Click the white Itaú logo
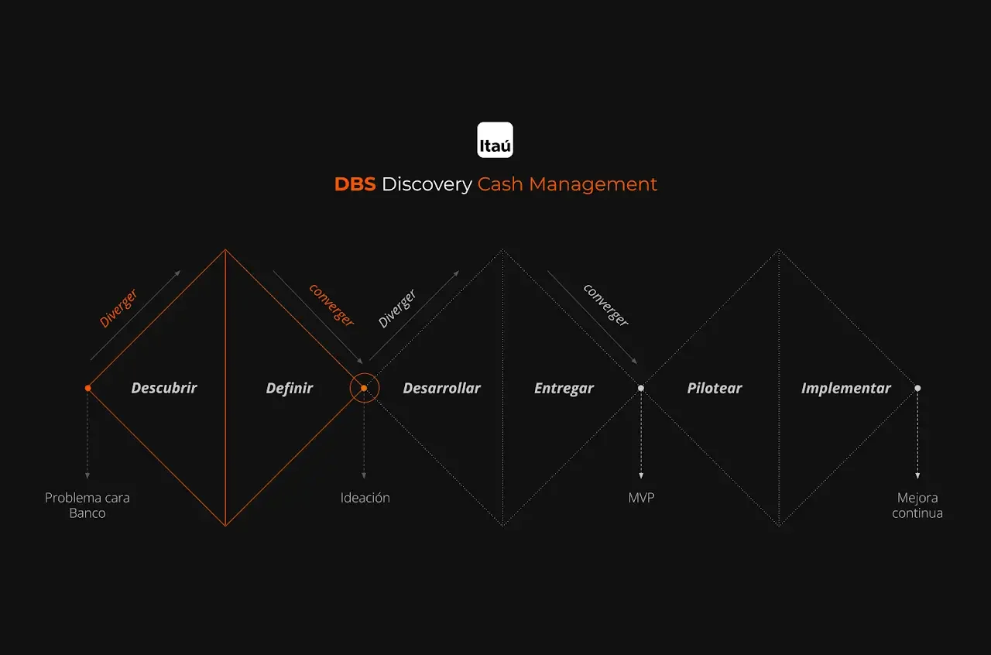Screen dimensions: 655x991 [495, 140]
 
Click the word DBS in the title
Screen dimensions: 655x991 [355, 184]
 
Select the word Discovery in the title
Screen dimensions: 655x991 [426, 184]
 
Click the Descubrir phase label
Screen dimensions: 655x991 [164, 388]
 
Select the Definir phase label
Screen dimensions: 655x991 [290, 388]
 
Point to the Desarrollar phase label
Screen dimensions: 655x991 [441, 388]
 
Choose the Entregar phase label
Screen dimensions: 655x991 [564, 388]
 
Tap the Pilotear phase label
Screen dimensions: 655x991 [714, 388]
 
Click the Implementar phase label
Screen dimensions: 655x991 [845, 388]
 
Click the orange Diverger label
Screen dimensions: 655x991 [118, 308]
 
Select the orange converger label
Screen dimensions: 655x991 [331, 304]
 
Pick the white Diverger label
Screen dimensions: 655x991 [397, 308]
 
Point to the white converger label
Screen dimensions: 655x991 [606, 304]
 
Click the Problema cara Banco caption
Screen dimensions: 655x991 [87, 506]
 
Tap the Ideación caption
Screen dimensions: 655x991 [365, 498]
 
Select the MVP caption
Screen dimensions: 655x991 [641, 498]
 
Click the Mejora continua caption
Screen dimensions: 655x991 [917, 506]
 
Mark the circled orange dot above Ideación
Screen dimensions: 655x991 [364, 388]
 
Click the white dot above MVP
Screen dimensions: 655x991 [641, 388]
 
